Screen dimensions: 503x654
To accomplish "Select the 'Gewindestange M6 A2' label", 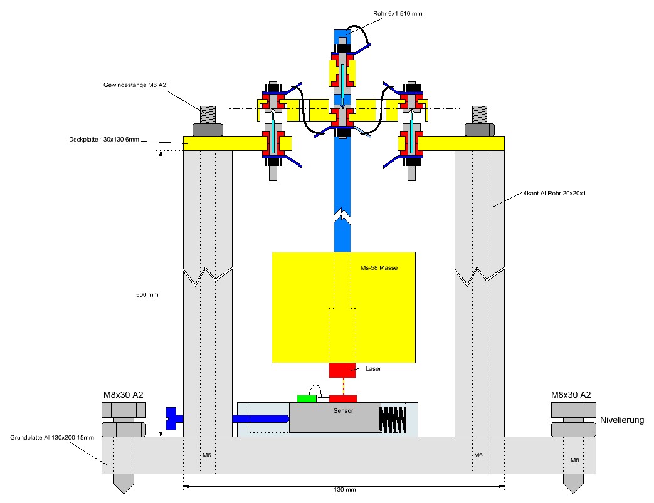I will tap(130, 85).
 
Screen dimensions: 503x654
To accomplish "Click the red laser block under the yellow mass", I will tap(342, 370).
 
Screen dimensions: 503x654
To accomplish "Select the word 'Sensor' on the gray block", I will tap(343, 411).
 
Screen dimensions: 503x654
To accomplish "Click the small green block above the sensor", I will tap(307, 398).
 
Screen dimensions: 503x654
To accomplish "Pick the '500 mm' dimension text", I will tap(146, 294).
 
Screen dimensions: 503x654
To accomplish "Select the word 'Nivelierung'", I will tap(622, 420).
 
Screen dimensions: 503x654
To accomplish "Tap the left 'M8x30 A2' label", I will tap(124, 395).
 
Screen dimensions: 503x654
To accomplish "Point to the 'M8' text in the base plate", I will tap(574, 460).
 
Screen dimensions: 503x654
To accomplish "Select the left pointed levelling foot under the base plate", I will tap(124, 483).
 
